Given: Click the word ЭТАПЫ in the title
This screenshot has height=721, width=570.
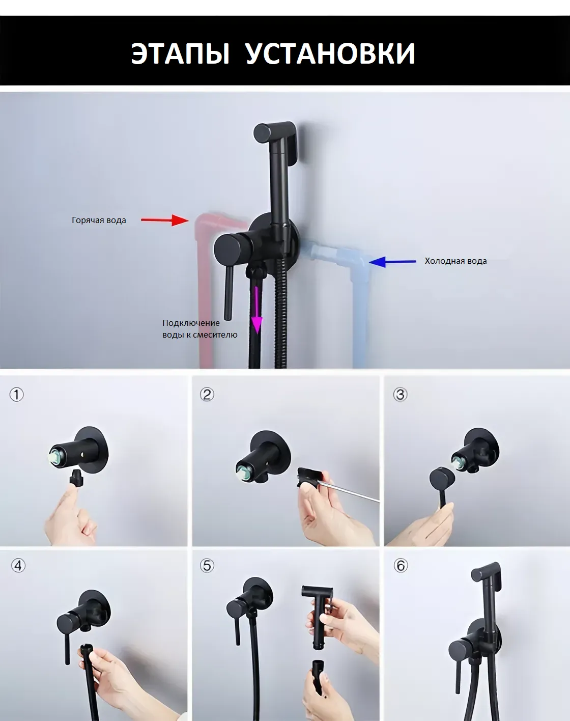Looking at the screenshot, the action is click(x=180, y=53).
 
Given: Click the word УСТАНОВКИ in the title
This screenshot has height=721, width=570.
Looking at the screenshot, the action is click(x=331, y=53).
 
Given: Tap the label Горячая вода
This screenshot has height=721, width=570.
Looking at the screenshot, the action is click(x=99, y=220).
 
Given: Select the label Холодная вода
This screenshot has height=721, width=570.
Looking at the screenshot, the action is click(x=456, y=261).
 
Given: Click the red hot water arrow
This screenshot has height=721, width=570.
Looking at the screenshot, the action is click(x=165, y=220).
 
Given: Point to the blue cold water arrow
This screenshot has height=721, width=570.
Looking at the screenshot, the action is click(x=392, y=262).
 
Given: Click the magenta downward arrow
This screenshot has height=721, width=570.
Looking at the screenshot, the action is click(x=257, y=310).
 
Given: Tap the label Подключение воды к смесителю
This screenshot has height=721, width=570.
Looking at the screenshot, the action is click(x=200, y=328).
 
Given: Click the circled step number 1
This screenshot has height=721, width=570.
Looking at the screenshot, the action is click(x=16, y=394).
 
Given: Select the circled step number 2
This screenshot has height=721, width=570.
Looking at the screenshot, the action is click(x=207, y=394).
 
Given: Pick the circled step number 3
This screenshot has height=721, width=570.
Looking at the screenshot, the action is click(x=400, y=394).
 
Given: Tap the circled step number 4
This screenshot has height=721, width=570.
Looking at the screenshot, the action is click(x=18, y=566).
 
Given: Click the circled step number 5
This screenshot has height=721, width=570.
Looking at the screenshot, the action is click(x=207, y=566).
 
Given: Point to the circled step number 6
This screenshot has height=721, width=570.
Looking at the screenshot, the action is click(x=401, y=566).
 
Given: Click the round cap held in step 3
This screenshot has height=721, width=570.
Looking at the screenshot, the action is click(x=442, y=480).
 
